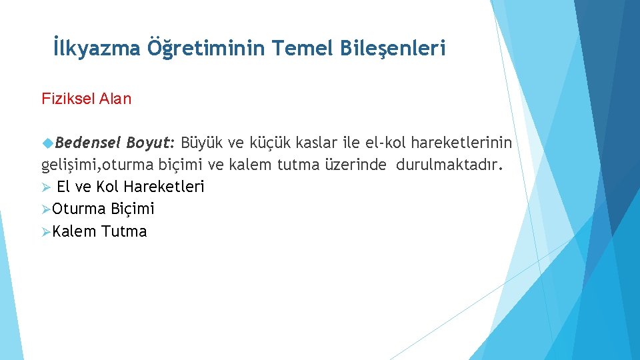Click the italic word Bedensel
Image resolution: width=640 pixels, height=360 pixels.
pos(87,142)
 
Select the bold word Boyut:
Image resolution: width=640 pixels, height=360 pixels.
pos(150,142)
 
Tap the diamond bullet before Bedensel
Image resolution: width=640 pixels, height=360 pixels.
pos(47,143)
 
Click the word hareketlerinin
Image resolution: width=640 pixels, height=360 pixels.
pos(462,142)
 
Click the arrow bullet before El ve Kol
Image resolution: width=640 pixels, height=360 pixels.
pos(46,187)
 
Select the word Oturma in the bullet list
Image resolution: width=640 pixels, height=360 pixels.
pos(79,209)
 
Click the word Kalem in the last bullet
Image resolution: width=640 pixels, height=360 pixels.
pos(75,232)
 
